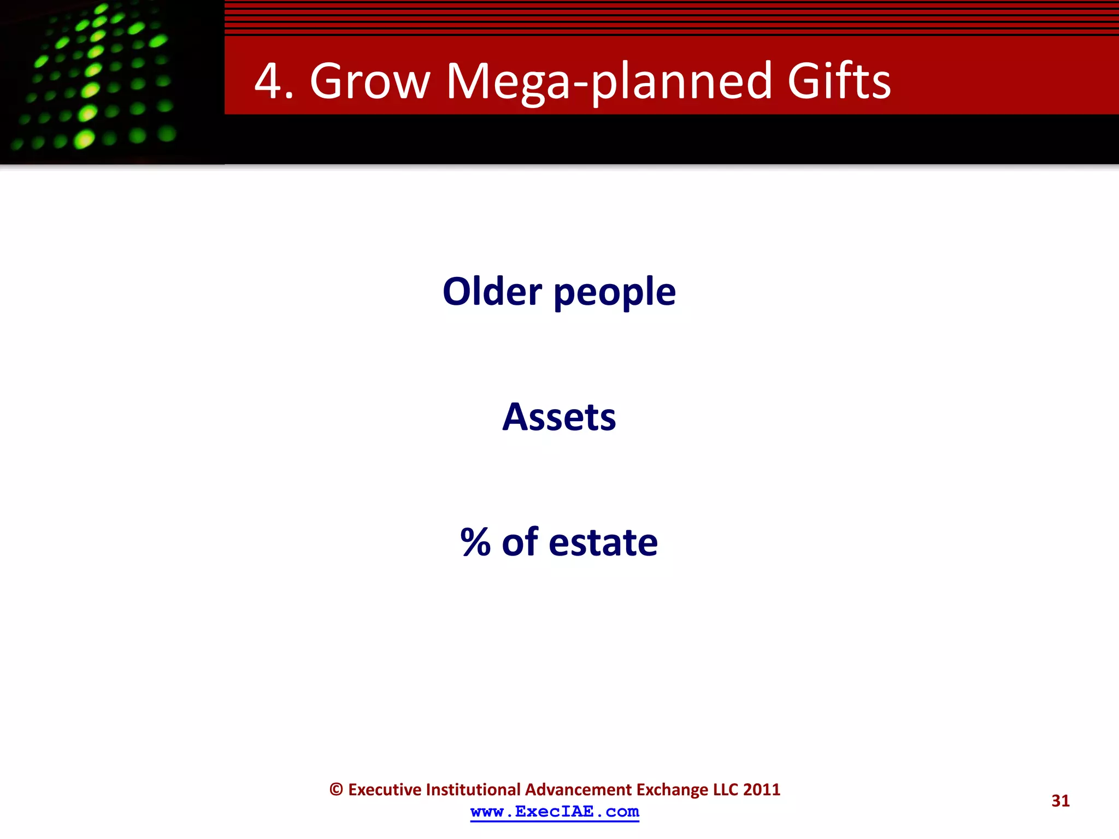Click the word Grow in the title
pyautogui.click(x=370, y=81)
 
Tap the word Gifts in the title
pyautogui.click(x=839, y=81)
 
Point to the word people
pyautogui.click(x=615, y=293)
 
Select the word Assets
pyautogui.click(x=559, y=417)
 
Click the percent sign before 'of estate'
pyautogui.click(x=475, y=542)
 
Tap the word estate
pyautogui.click(x=603, y=542)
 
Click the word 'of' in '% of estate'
pyautogui.click(x=520, y=542)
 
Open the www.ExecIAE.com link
pyautogui.click(x=555, y=812)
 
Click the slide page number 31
pyautogui.click(x=1060, y=801)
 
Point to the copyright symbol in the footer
pyautogui.click(x=336, y=790)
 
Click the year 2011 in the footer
pyautogui.click(x=762, y=790)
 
